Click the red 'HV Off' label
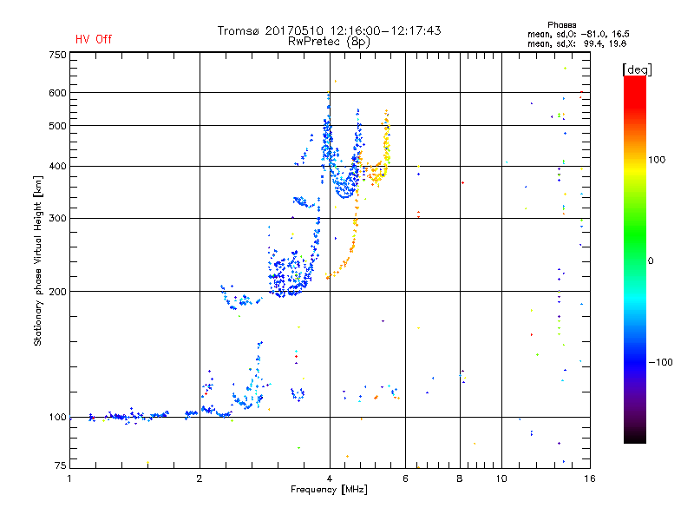(x=94, y=39)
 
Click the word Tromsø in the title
(x=239, y=30)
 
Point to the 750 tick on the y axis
(x=58, y=55)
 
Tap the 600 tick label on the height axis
(x=58, y=92)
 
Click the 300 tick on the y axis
(x=58, y=218)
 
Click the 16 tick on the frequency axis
(x=588, y=478)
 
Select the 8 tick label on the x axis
(x=460, y=478)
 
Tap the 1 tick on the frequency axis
(x=70, y=478)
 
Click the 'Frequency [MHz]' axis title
(x=329, y=490)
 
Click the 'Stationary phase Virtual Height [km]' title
(x=38, y=260)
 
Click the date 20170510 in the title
(x=297, y=30)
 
